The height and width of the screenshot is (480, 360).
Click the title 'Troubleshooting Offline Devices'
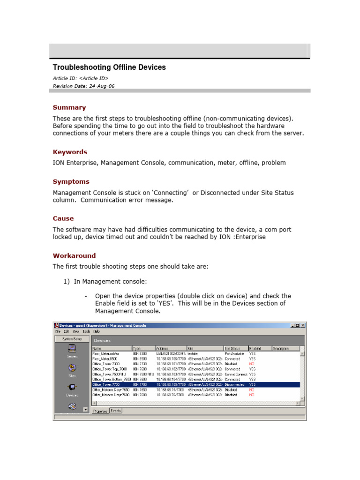coord(109,67)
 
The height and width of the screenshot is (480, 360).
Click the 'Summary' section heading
coord(69,107)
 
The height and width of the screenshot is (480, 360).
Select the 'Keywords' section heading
coord(70,152)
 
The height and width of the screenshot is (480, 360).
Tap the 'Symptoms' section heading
coord(71,181)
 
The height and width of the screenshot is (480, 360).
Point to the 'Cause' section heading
coord(63,218)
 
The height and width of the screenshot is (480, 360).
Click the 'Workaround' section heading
coord(74,255)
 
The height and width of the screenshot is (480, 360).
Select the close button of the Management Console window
coord(303,325)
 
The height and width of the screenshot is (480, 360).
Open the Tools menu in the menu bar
coord(86,331)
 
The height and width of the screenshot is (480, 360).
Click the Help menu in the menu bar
coord(97,331)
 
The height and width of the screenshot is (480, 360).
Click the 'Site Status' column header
coord(233,349)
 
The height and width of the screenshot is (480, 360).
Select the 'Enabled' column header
coord(255,349)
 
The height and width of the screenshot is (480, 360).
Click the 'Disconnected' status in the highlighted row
coord(234,384)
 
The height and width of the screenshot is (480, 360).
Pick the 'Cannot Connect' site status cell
coord(236,374)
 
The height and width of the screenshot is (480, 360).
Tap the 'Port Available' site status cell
coord(234,354)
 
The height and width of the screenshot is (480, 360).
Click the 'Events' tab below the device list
coord(115,411)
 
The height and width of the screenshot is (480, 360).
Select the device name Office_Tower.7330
coord(106,364)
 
